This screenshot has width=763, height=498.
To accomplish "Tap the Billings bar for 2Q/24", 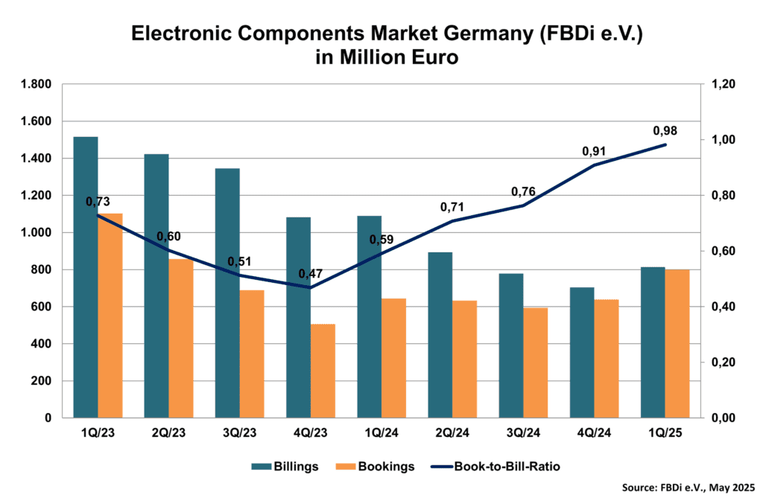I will coord(440,335).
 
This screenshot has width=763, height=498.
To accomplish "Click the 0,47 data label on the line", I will coord(311,274).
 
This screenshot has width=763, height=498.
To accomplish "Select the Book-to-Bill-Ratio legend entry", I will coord(496,467).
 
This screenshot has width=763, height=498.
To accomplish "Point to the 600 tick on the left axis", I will coord(41,307).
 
